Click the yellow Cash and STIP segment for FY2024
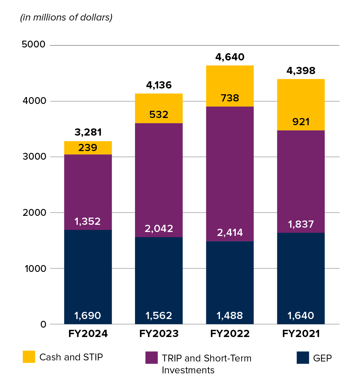[88, 147]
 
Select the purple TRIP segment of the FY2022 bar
[230, 173]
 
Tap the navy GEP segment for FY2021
[301, 277]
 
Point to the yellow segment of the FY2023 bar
[159, 108]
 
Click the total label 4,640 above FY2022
[230, 57]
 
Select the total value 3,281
[88, 132]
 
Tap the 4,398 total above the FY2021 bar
[301, 70]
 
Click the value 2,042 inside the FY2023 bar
[159, 228]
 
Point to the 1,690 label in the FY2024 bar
[88, 316]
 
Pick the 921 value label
[301, 122]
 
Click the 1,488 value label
[230, 316]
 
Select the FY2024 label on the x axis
[88, 334]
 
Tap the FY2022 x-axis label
[230, 334]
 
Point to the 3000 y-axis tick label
[33, 157]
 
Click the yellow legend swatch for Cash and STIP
[29, 357]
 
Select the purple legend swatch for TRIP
[152, 358]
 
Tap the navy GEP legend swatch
[303, 358]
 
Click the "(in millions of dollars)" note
[66, 18]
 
